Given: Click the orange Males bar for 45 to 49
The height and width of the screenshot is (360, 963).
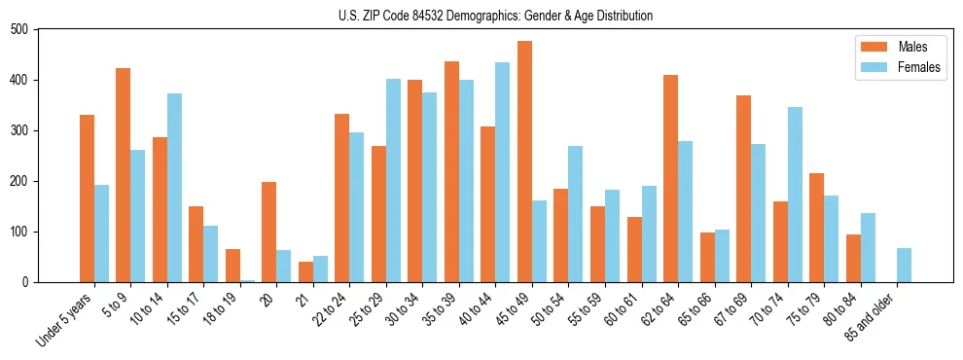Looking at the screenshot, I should tap(524, 162).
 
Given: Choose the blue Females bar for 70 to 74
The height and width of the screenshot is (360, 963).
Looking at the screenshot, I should tap(795, 195).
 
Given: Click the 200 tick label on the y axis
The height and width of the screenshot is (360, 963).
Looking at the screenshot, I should tap(19, 181).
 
